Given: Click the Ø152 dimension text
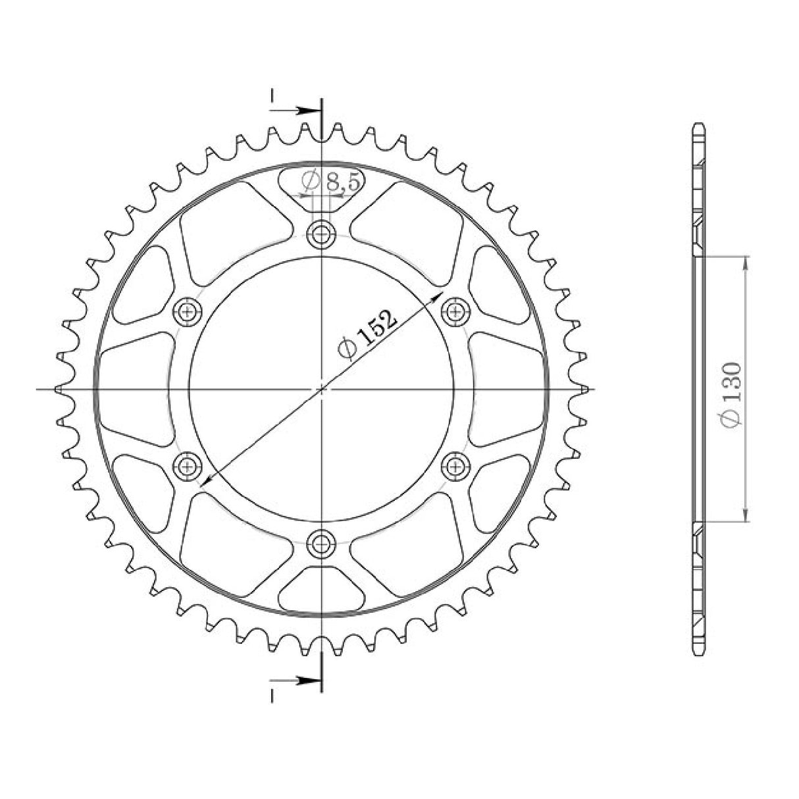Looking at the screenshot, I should click(368, 333).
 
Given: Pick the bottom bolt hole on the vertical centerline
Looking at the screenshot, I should click(321, 544).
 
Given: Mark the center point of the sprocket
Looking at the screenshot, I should click(321, 389).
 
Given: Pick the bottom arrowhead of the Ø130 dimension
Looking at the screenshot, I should click(745, 516).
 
